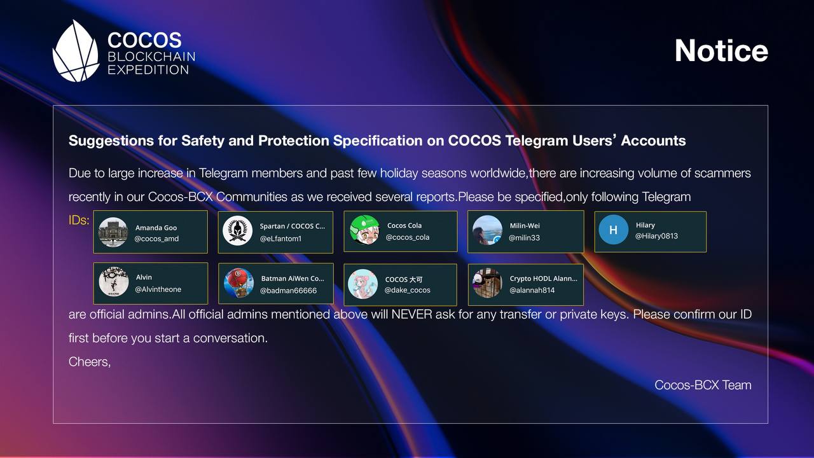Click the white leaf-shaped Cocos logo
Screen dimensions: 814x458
(76, 51)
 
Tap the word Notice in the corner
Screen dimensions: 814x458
(721, 50)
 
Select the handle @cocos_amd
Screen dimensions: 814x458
(156, 239)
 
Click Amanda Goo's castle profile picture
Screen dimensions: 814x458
(113, 232)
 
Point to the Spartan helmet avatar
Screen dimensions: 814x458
(237, 230)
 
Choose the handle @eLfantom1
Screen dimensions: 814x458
(280, 239)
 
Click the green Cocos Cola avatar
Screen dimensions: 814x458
(364, 230)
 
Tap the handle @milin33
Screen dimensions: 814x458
(524, 238)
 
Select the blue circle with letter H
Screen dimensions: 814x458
(614, 230)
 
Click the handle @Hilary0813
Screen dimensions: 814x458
(656, 236)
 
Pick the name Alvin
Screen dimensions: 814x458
(144, 277)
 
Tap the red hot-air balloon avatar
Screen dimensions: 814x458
(238, 283)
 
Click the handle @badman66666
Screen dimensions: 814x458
(288, 291)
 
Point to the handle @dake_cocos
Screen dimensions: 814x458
(408, 290)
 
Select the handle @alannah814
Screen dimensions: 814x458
(532, 290)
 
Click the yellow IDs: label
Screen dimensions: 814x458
(79, 220)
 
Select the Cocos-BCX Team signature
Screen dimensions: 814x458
(703, 385)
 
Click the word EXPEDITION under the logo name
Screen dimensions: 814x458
(148, 70)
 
